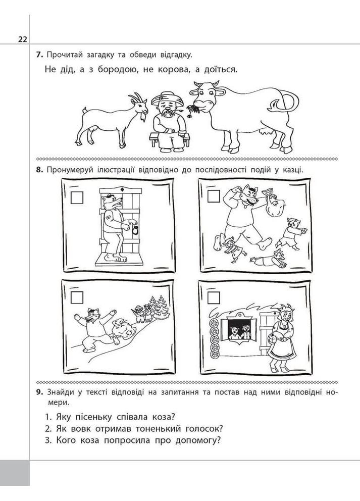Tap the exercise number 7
click(39, 55)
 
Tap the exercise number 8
click(39, 170)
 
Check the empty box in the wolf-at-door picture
click(77, 197)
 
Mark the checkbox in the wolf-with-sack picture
click(214, 197)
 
